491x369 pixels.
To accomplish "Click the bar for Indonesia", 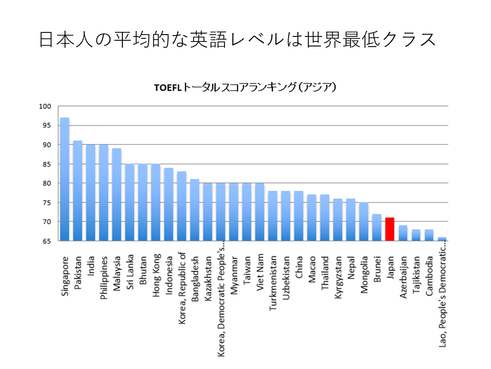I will [169, 204].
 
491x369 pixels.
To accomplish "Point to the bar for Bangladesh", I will [195, 210].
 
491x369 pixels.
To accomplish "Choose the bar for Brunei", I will [376, 227].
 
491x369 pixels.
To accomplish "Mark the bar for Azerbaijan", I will [403, 233].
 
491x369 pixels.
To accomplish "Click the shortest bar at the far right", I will [442, 239].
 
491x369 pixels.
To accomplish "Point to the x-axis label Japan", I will [390, 266].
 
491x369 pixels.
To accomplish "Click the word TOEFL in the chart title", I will [167, 88].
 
